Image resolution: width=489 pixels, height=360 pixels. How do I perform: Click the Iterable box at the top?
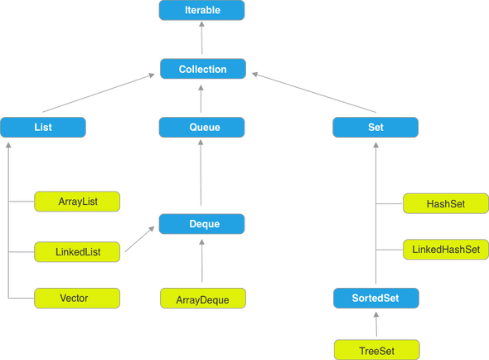point(202,11)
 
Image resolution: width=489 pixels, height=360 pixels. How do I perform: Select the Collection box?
point(202,70)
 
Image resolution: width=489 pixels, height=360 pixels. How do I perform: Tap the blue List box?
point(43,127)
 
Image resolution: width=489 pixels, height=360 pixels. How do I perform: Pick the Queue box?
point(201,127)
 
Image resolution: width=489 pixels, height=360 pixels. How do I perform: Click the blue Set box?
point(375,127)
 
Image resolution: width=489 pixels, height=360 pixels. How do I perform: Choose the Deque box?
point(202,224)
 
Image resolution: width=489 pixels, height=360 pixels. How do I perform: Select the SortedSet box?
point(377,297)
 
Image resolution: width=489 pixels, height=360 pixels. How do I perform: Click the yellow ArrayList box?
point(77,202)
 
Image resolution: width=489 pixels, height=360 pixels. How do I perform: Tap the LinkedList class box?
point(77,250)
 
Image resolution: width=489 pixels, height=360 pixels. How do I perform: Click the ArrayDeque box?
point(202,298)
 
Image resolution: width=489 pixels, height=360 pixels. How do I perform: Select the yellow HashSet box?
point(444,203)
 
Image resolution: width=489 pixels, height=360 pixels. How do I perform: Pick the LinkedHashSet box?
point(444,250)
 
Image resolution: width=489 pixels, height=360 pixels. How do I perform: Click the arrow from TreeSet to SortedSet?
point(377,324)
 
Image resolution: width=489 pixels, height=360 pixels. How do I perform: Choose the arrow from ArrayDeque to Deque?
point(201,260)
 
